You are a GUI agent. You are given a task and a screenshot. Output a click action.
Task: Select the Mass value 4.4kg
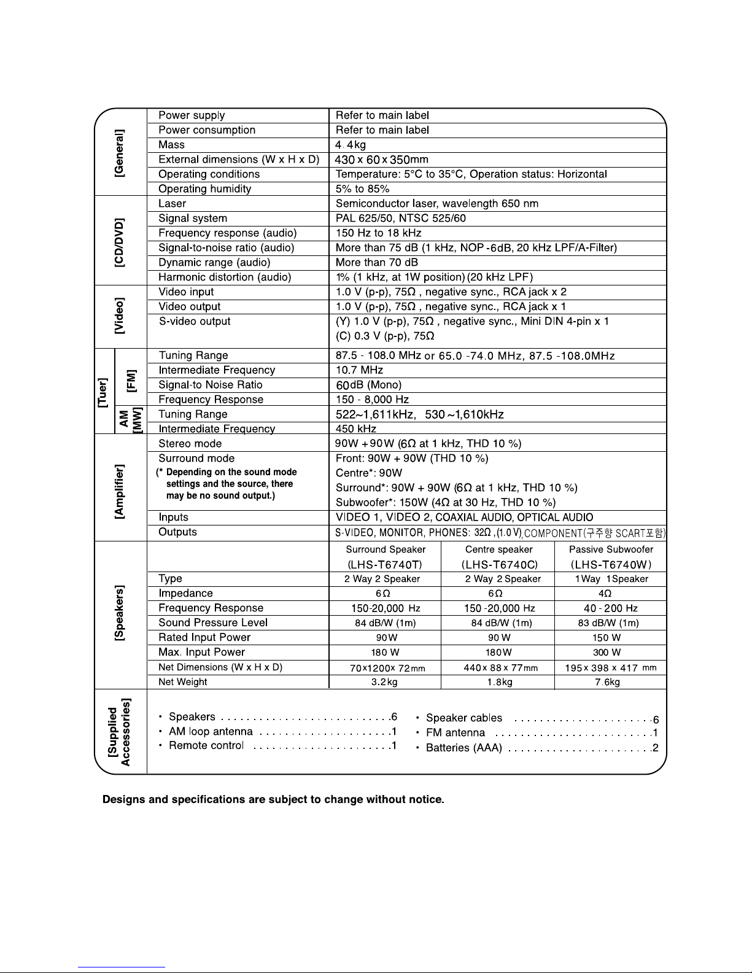[x=351, y=145]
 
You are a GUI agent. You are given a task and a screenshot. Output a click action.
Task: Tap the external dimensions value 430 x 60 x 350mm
[x=382, y=160]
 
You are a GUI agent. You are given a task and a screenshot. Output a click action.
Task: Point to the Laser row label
[x=172, y=204]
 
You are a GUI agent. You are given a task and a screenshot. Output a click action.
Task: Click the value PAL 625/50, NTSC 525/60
[x=400, y=219]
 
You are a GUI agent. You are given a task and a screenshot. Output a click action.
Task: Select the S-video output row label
[x=195, y=322]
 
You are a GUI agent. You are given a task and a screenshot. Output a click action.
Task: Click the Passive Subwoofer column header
[x=611, y=550]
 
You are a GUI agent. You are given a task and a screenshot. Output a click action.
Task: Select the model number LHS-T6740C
[x=498, y=564]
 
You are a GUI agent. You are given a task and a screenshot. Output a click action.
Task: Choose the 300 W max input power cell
[x=607, y=653]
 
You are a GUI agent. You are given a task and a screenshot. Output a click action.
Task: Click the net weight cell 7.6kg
[x=607, y=682]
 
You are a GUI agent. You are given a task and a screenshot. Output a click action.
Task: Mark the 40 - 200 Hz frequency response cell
[x=611, y=608]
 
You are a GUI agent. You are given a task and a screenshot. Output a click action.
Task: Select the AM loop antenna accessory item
[x=211, y=732]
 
